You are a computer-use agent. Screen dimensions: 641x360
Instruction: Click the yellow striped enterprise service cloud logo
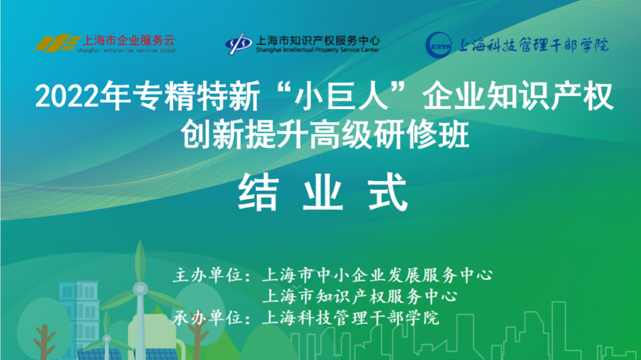58,43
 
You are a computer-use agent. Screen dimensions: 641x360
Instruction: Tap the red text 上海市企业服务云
129,40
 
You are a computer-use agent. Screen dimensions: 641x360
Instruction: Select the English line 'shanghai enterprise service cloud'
126,50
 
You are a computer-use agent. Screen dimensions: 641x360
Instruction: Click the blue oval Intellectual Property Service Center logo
237,43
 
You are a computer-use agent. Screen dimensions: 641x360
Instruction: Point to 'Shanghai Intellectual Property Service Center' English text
318,50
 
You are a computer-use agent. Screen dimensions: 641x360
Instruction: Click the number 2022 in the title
67,97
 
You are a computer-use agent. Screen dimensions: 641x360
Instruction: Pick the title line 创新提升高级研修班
325,133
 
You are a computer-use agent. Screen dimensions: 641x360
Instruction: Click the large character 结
258,192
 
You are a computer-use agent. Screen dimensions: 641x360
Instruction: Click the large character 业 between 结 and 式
322,192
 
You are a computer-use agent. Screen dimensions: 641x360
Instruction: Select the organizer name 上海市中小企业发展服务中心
377,275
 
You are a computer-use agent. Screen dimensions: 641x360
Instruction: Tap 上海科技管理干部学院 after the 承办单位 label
350,317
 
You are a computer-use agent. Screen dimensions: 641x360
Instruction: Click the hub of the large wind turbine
140,289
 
